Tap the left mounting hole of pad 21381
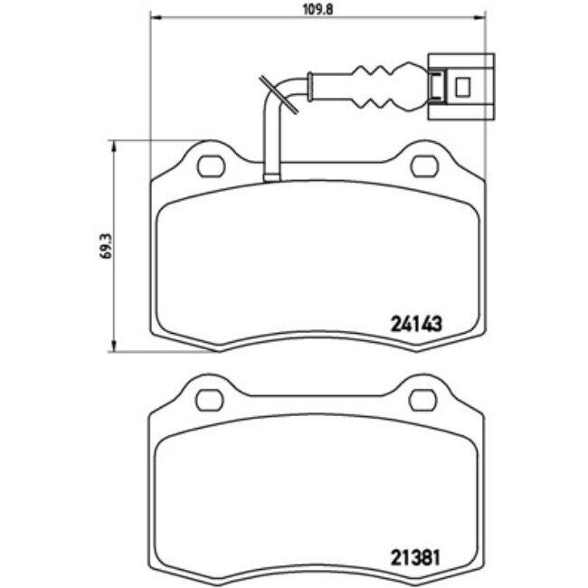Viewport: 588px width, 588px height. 211,399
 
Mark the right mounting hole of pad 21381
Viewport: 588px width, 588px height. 422,399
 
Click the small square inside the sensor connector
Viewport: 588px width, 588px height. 465,87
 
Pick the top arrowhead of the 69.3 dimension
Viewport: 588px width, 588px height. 114,146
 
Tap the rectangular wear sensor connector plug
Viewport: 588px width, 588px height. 460,87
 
